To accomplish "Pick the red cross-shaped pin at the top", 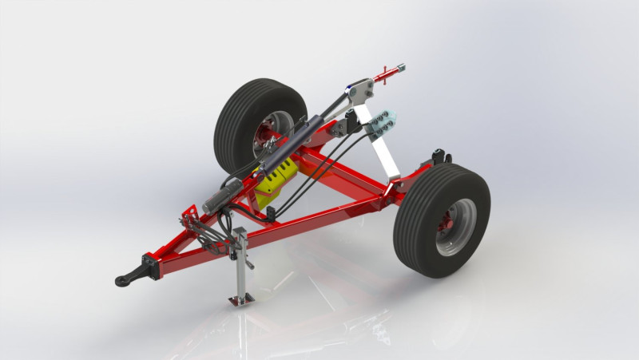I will (x=390, y=74).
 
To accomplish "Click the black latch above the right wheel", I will (x=439, y=156).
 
